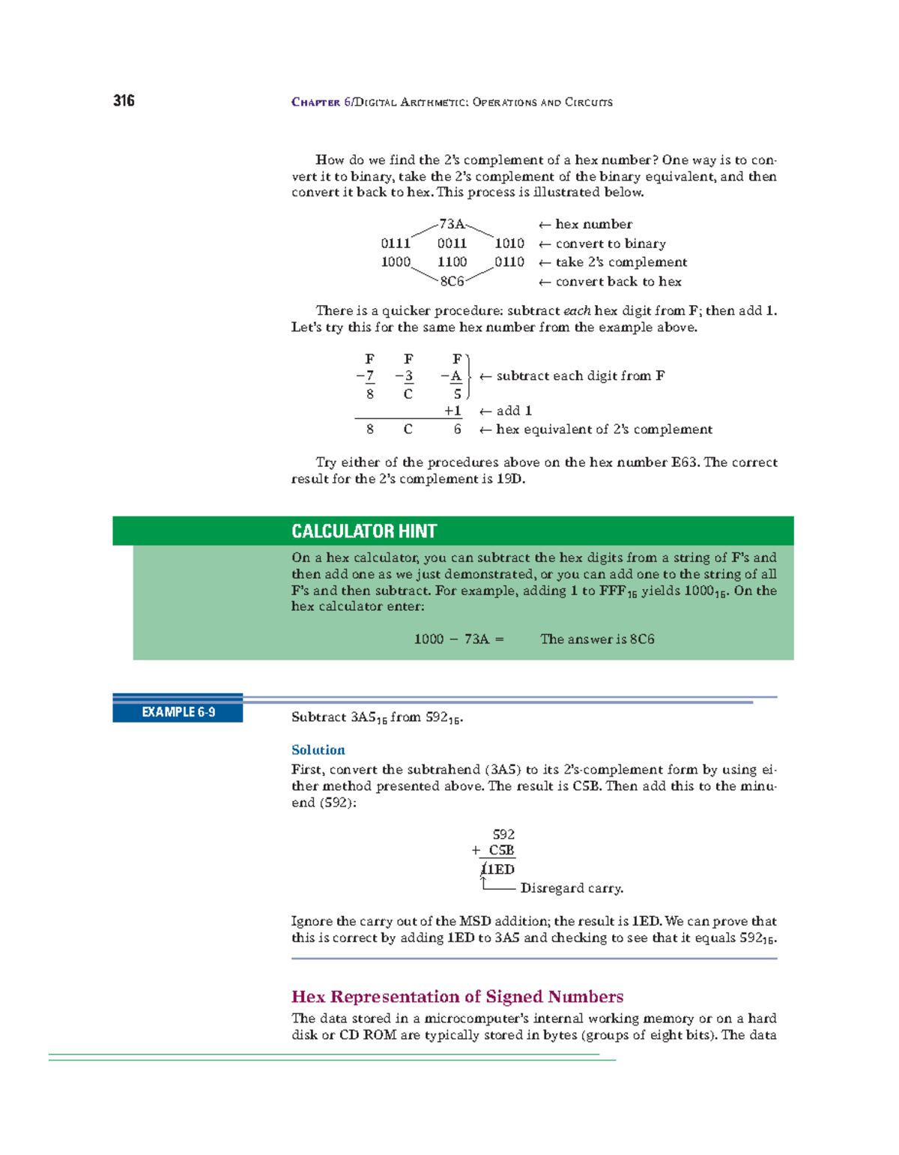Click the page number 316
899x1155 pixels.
124,101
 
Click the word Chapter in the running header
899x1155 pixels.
315,102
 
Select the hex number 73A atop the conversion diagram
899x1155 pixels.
452,224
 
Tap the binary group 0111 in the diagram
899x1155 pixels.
396,244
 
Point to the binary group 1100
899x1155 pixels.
452,262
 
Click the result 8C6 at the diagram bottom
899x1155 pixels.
452,282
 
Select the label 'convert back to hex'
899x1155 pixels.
618,282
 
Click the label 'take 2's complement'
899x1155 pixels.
621,262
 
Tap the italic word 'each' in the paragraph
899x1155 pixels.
577,310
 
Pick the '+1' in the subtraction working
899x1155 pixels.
452,411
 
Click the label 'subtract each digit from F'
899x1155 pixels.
580,376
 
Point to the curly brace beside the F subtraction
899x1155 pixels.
468,376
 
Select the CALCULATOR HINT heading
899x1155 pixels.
364,531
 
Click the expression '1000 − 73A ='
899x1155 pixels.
458,639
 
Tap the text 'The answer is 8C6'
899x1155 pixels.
597,639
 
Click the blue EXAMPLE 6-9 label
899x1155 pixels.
178,712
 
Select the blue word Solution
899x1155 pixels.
318,750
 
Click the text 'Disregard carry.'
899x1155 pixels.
572,888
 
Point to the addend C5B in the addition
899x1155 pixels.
501,851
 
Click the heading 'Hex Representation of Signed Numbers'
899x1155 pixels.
457,997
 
